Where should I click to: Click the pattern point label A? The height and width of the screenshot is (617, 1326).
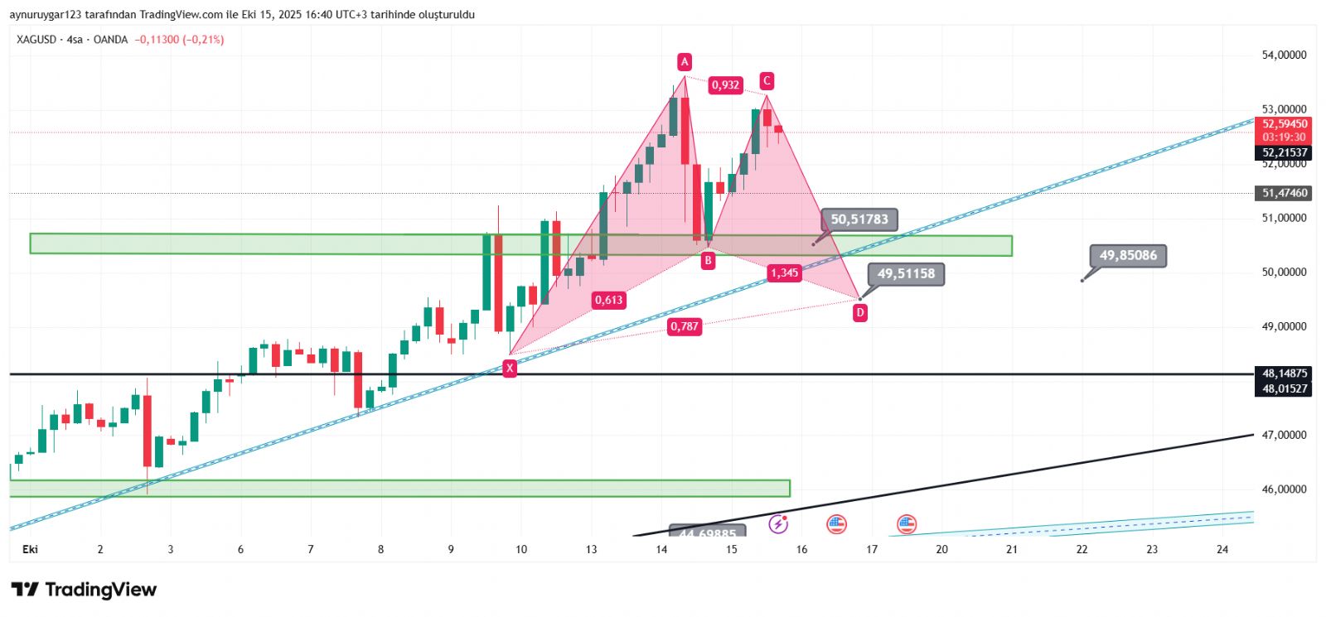coord(685,61)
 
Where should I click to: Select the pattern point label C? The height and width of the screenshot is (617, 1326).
coord(767,80)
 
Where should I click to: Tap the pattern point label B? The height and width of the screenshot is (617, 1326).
coord(708,261)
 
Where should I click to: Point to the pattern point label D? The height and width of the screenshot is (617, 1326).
coord(860,312)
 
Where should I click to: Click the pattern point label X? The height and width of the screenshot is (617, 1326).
coord(510,369)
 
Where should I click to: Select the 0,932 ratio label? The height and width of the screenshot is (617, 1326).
coord(725,84)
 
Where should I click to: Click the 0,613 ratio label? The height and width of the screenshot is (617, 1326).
coord(608,300)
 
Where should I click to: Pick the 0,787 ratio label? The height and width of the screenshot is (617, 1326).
coord(685,326)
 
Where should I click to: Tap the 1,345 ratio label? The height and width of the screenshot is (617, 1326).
coord(784,272)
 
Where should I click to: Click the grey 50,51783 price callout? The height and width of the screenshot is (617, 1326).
coord(859,219)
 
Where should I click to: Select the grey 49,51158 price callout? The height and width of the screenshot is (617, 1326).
coord(906,273)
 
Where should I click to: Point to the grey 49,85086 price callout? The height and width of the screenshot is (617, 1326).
coord(1128,255)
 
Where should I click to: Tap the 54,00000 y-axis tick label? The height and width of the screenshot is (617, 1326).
coord(1284,55)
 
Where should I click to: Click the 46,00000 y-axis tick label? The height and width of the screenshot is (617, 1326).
coord(1284,489)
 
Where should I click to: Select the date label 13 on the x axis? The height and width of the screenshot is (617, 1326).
coord(591,549)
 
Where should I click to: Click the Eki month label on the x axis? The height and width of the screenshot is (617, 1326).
coord(31,549)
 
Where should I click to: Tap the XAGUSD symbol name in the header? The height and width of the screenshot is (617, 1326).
coord(36,40)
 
